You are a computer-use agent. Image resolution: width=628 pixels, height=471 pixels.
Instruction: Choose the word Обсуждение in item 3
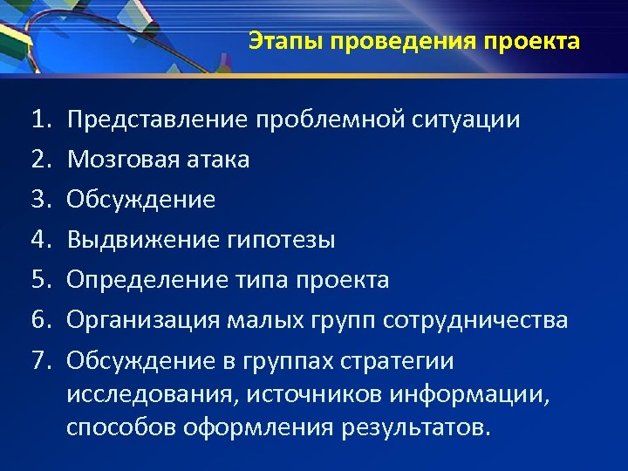[140, 200]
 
